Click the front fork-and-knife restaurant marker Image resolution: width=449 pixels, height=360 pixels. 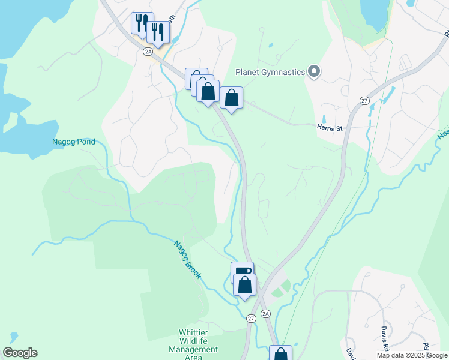point(158,32)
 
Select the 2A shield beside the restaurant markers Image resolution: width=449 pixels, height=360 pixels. point(148,52)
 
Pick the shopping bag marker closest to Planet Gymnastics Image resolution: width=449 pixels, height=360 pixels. point(232,98)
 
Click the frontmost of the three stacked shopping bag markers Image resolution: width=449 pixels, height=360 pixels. point(208,92)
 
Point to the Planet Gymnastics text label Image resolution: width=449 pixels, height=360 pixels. point(270,73)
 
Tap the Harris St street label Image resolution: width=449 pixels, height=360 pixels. point(329,127)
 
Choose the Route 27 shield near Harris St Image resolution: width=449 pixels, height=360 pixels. point(364,101)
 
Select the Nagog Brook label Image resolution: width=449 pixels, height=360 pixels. point(188,260)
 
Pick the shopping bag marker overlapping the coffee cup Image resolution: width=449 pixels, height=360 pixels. point(245,285)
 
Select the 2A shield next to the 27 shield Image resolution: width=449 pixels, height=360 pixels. point(266,313)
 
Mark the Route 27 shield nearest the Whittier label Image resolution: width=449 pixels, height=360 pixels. point(251,319)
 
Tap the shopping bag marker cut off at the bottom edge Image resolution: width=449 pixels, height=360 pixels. point(280,353)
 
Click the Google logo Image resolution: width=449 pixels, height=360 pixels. point(20,353)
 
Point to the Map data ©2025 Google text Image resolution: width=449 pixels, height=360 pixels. point(412,355)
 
